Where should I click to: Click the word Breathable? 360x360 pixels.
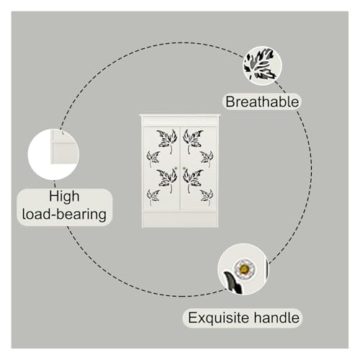tap(262, 102)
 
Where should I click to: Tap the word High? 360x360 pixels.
tap(64, 197)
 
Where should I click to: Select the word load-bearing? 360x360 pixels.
tap(64, 214)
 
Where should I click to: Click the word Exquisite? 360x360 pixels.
tap(219, 318)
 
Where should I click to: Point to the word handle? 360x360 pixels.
tap(276, 318)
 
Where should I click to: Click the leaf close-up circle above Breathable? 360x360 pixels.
tap(262, 66)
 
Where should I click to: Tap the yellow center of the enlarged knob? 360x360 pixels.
tap(244, 269)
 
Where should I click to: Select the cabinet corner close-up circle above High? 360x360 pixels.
tap(53, 154)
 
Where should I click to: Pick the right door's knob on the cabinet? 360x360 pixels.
tap(184, 168)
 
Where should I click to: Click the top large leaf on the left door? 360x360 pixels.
tap(167, 141)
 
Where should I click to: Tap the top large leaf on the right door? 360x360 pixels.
tap(193, 141)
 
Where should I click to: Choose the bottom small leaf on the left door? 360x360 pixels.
tap(153, 197)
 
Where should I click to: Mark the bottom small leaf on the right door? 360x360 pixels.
tap(207, 197)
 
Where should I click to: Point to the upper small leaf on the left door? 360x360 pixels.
tap(153, 158)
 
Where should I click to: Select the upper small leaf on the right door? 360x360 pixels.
tap(207, 158)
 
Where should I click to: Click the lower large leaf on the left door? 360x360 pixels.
tap(167, 180)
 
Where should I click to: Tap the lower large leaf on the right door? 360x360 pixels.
tap(193, 180)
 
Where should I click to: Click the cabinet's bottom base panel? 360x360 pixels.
tap(180, 220)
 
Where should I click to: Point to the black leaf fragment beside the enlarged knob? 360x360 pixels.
tap(233, 282)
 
